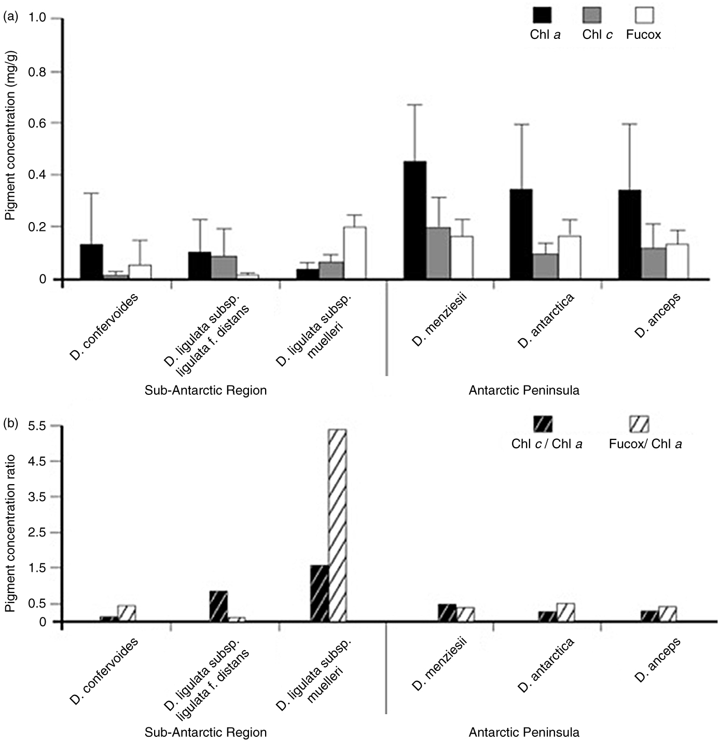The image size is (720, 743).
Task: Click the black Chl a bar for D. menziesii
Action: [x=415, y=221]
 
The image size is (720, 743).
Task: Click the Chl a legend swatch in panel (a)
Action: [x=543, y=16]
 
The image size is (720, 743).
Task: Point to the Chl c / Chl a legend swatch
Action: [x=543, y=424]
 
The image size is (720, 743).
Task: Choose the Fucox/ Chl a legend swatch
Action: [x=639, y=424]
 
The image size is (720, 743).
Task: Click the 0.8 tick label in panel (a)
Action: [x=40, y=72]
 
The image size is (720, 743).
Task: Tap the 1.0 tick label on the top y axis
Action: [x=40, y=19]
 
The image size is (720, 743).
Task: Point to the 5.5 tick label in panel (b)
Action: [x=40, y=426]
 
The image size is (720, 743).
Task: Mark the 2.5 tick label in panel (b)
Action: [x=40, y=533]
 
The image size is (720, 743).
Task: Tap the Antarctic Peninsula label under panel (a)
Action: [x=524, y=390]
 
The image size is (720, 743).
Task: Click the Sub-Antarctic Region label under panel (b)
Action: [x=205, y=733]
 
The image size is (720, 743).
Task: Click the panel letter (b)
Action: [x=11, y=423]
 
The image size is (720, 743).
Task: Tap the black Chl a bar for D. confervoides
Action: [x=91, y=262]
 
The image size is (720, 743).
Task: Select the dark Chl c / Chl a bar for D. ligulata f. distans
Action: [x=218, y=606]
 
